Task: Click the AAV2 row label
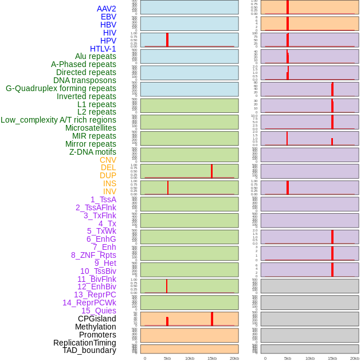coord(106,9)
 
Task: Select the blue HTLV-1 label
coord(103,49)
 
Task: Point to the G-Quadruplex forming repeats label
coord(61,88)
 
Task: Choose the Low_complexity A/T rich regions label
coord(58,120)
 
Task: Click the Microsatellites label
coord(91,128)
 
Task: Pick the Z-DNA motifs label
coord(92,152)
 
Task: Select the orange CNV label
coord(108,160)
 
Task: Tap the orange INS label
coord(109,183)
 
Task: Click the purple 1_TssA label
coord(103,199)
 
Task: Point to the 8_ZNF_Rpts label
coord(93,255)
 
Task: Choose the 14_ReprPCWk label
coord(89,303)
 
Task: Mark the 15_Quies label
coord(99,311)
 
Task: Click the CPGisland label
coord(97,319)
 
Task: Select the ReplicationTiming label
coord(84,343)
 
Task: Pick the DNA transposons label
coord(85,80)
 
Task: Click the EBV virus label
coord(108,17)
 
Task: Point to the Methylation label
coord(95,327)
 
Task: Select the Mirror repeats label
coord(91,144)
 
